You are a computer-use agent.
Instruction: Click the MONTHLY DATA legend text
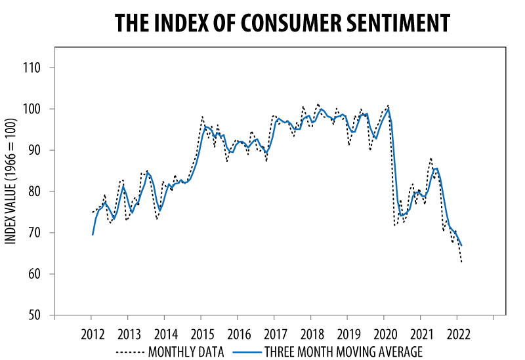pos(186,351)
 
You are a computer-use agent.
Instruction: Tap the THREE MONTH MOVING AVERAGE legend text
pos(343,351)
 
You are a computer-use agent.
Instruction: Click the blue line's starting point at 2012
pos(93,234)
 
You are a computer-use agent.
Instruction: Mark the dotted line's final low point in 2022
pos(462,262)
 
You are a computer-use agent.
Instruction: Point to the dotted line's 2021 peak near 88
pos(430,158)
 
